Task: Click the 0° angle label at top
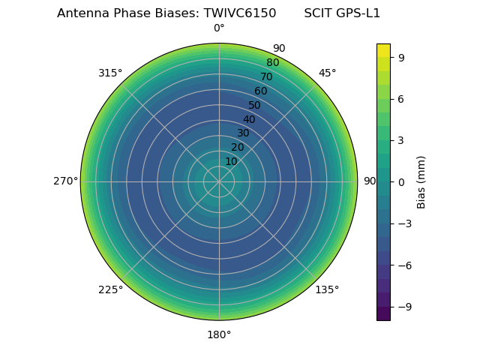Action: [219, 28]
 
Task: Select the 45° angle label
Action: [327, 73]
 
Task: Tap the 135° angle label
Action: [327, 289]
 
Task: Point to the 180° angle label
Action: [219, 334]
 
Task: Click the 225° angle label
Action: [110, 289]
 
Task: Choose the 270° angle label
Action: [65, 181]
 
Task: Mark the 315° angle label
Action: [110, 73]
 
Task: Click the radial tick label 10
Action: [231, 161]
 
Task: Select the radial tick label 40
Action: [249, 119]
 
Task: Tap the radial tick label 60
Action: [260, 91]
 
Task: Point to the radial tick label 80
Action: [272, 63]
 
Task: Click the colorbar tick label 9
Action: [402, 57]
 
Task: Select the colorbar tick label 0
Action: [402, 181]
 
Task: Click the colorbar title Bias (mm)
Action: [421, 181]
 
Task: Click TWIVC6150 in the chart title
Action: [240, 13]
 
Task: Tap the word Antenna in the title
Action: [80, 13]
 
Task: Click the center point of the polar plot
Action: [219, 181]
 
